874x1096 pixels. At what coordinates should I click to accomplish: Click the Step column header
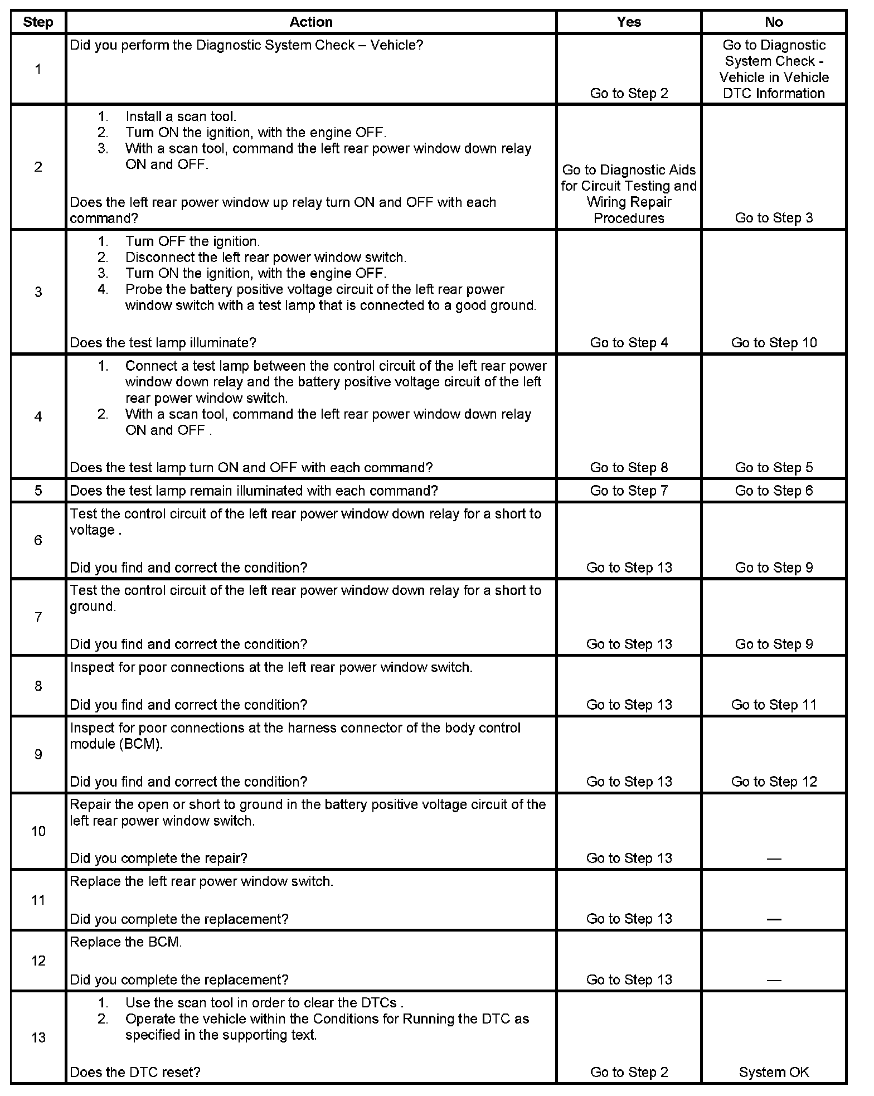click(x=38, y=22)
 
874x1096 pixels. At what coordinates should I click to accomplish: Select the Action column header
click(x=311, y=22)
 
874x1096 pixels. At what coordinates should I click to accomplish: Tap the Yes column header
click(x=629, y=22)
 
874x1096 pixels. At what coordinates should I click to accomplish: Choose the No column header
click(x=774, y=22)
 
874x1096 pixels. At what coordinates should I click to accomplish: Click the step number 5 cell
click(x=38, y=491)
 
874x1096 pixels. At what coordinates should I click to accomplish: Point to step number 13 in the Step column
click(x=38, y=1037)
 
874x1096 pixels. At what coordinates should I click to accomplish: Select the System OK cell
click(x=774, y=1072)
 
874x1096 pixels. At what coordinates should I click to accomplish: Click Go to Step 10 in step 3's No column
click(x=774, y=343)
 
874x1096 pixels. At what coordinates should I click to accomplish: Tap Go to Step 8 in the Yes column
click(x=629, y=468)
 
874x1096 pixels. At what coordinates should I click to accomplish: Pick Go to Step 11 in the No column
click(x=774, y=705)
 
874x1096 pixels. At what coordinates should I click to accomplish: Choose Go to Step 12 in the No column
click(x=774, y=782)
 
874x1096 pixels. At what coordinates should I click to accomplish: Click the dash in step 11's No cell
click(x=774, y=919)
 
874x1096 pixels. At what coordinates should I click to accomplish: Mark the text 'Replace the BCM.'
click(x=126, y=942)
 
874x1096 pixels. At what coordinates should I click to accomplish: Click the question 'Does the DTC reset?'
click(x=135, y=1072)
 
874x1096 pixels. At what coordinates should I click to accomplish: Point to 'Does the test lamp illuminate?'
click(x=163, y=343)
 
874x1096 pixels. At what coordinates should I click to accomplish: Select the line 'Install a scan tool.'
click(x=181, y=117)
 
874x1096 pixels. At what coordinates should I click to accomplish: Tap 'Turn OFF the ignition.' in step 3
click(x=192, y=241)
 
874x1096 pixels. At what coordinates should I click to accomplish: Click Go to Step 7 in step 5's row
click(x=629, y=491)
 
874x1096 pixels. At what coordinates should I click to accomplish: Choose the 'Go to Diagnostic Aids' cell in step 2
click(x=629, y=193)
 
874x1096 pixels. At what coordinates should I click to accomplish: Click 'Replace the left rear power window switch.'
click(x=201, y=881)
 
